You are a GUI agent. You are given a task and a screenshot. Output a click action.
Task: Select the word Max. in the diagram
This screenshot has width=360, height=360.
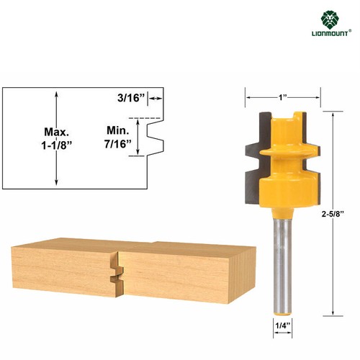click(57, 132)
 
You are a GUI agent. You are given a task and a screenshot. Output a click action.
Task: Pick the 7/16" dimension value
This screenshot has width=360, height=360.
click(118, 144)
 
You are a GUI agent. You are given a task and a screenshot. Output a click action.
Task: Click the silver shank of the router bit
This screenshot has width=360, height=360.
click(283, 259)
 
